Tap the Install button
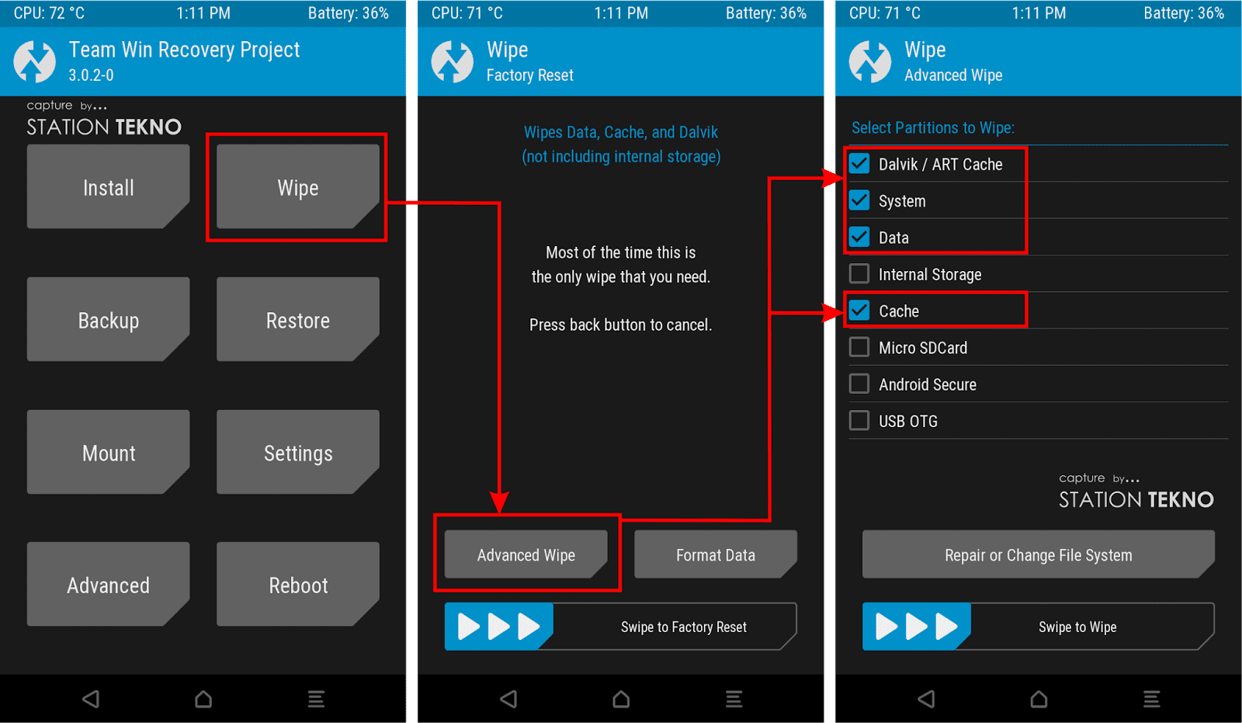108,187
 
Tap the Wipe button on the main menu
298,187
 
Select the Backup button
108,320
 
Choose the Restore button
298,320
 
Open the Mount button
108,452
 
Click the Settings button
298,452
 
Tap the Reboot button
298,584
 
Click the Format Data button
715,554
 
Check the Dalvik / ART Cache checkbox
859,164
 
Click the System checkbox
859,201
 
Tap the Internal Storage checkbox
859,274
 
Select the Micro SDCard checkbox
859,347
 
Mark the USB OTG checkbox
859,421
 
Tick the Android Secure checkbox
859,384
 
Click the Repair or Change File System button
1039,554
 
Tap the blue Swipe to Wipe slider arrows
916,627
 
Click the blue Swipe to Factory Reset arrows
498,627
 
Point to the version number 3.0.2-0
91,75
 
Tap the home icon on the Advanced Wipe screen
1039,699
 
